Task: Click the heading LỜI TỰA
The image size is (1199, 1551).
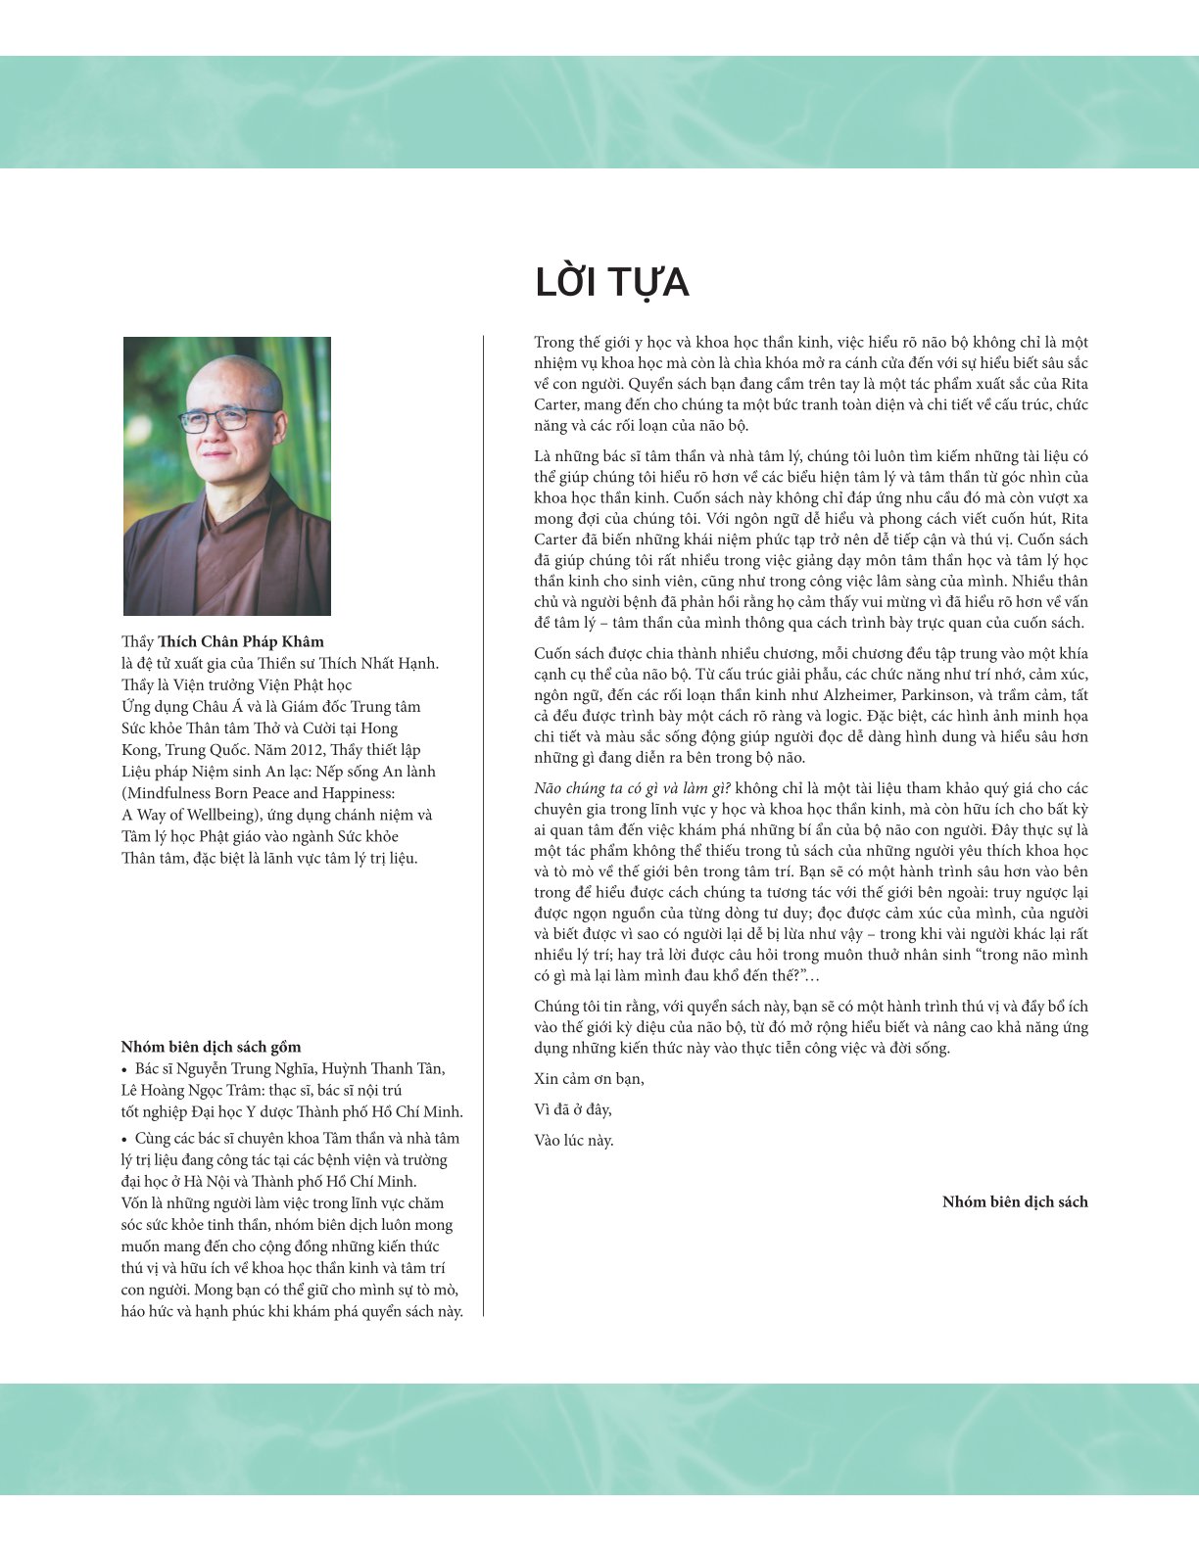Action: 611,283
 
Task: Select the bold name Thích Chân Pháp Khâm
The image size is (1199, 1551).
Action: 241,642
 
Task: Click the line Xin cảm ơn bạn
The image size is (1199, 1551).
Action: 590,1079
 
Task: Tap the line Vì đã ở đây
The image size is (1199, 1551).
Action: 573,1109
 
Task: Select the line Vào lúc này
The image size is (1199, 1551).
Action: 574,1140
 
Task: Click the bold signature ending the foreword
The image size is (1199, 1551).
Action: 1015,1201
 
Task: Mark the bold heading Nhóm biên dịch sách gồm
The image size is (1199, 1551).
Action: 211,1047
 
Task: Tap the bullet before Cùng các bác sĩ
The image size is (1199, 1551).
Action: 124,1139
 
